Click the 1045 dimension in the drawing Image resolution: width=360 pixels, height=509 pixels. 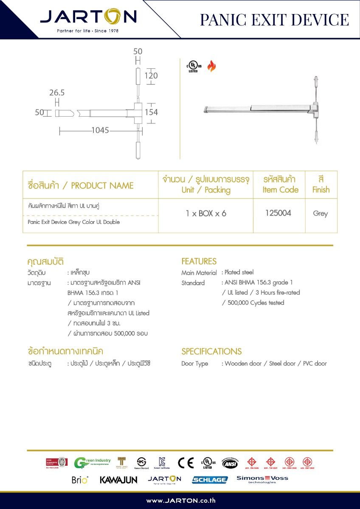click(x=100, y=131)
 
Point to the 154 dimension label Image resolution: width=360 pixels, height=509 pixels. click(x=151, y=112)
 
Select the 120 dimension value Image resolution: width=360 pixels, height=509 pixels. click(x=151, y=76)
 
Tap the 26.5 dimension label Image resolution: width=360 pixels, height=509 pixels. click(x=56, y=92)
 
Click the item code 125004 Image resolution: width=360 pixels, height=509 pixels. click(x=278, y=213)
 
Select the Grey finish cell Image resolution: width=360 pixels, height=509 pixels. click(x=321, y=213)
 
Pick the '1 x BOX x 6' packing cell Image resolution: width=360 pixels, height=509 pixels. click(x=206, y=213)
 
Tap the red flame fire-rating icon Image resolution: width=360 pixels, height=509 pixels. click(x=211, y=66)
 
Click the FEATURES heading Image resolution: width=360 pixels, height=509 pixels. click(x=199, y=261)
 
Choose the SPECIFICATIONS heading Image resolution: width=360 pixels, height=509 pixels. click(x=211, y=351)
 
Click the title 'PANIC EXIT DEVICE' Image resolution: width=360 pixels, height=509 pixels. click(x=274, y=20)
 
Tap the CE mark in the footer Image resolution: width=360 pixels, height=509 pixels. click(x=186, y=463)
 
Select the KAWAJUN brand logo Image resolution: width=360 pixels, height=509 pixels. click(x=118, y=480)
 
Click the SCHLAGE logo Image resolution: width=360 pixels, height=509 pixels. click(x=210, y=480)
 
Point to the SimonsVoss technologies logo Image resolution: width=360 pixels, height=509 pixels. click(x=262, y=479)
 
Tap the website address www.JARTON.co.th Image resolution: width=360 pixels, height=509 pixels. click(x=180, y=501)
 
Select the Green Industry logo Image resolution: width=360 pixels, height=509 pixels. click(x=92, y=463)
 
